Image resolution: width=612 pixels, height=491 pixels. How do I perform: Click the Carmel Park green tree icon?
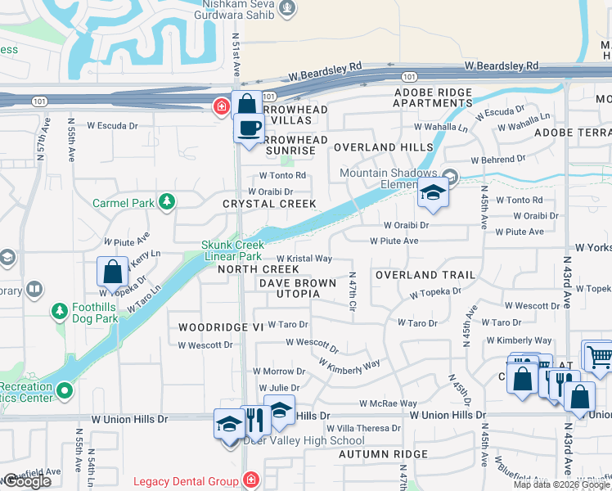click(x=167, y=201)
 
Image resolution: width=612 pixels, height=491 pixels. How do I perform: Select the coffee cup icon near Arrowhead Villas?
click(x=249, y=128)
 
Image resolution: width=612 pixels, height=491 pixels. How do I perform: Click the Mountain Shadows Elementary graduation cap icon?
click(x=433, y=192)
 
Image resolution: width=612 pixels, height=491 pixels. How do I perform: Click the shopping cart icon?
click(x=599, y=354)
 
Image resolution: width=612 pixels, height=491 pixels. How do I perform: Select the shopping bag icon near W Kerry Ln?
click(x=112, y=272)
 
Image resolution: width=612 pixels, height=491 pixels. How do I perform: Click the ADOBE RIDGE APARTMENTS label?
click(x=433, y=97)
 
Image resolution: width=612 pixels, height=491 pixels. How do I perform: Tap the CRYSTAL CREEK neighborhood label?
click(x=269, y=203)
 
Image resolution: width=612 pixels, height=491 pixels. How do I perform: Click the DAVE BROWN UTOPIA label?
click(x=297, y=288)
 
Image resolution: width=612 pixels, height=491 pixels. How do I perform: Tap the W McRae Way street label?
click(x=388, y=403)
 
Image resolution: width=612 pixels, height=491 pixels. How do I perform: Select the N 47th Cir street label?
click(x=353, y=292)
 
